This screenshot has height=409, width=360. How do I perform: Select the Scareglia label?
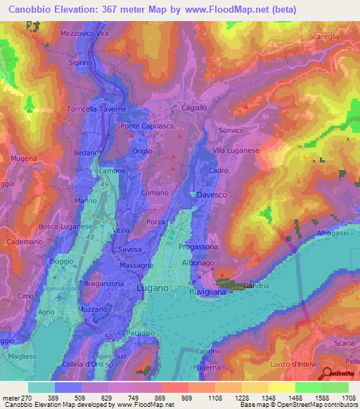click(x=324, y=37)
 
